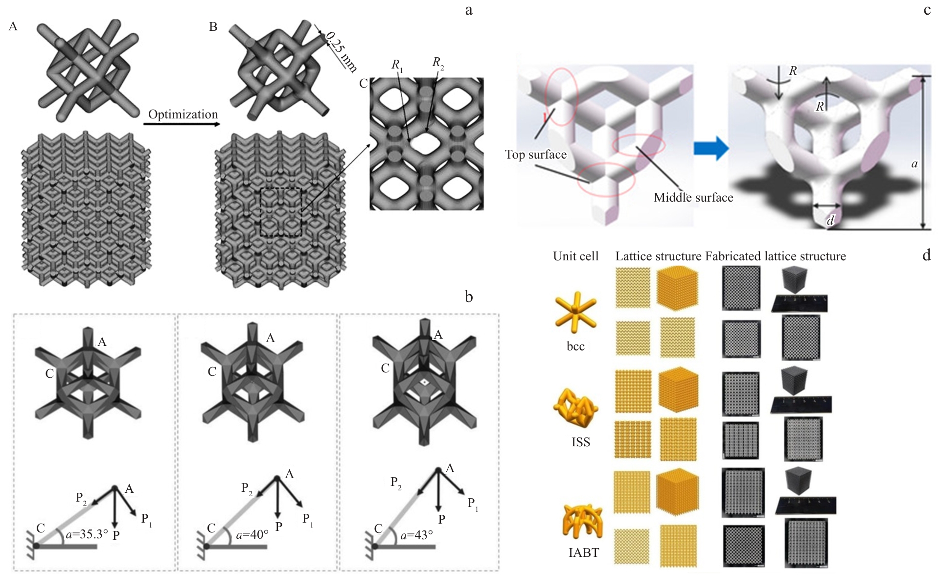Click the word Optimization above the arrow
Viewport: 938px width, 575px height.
[x=183, y=115]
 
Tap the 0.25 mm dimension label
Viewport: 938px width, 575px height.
[x=341, y=51]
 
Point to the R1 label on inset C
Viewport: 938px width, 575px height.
[x=397, y=65]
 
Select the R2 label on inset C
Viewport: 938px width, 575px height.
[x=437, y=63]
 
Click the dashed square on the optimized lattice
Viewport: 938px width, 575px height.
[x=281, y=212]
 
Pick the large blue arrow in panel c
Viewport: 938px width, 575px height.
[x=711, y=148]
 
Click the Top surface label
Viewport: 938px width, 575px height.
[x=535, y=155]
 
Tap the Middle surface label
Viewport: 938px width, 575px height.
[x=693, y=198]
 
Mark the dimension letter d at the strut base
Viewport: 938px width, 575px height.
[x=830, y=221]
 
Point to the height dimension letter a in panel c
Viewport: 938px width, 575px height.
[x=914, y=164]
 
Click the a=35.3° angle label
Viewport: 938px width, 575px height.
[x=87, y=534]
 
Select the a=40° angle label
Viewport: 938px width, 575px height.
[x=252, y=535]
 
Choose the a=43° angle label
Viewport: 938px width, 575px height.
[x=416, y=535]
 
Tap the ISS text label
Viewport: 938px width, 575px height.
[x=581, y=442]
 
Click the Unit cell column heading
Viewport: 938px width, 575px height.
[x=575, y=256]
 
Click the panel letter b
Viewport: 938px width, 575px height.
[x=469, y=297]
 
